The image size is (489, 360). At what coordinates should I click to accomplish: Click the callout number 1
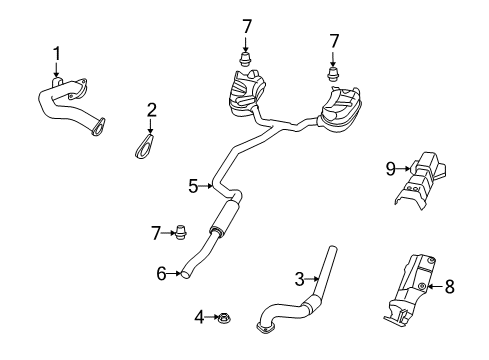(x=57, y=52)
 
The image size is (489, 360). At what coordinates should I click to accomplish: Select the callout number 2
(x=152, y=110)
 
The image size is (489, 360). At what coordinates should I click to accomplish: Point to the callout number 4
(x=199, y=318)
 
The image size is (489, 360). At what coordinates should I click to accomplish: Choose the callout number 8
(x=449, y=286)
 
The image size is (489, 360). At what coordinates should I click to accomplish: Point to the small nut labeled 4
(x=222, y=318)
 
